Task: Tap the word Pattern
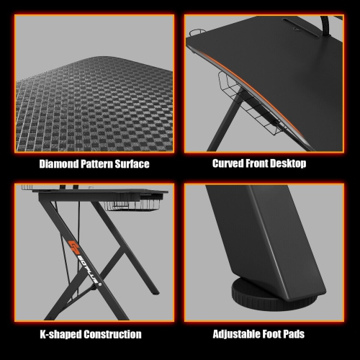(99, 164)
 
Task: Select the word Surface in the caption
(135, 164)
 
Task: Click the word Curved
(228, 163)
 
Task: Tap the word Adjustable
(238, 334)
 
